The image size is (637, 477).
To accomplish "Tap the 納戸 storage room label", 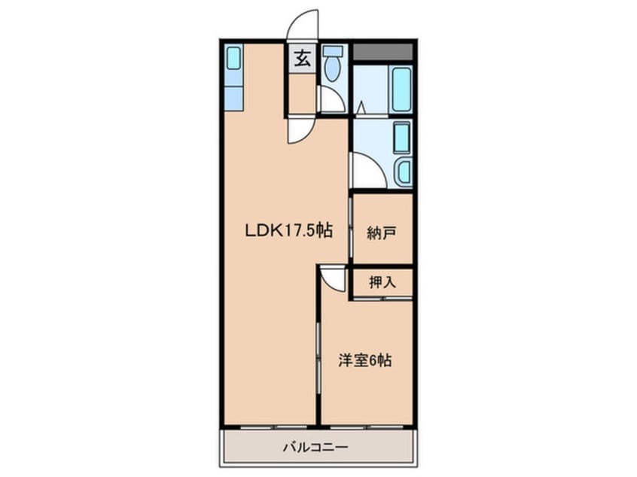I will (382, 232).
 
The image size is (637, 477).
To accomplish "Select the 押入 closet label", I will (382, 283).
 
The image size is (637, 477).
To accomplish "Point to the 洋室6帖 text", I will (364, 360).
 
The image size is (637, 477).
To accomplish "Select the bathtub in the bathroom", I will (402, 90).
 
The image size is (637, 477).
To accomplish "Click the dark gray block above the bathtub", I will (383, 52).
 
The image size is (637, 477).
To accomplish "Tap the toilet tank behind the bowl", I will (332, 51).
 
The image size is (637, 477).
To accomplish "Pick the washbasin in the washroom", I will (403, 172).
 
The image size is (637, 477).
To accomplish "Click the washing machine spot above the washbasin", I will (401, 138).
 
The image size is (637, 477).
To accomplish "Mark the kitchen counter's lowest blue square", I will (233, 99).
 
